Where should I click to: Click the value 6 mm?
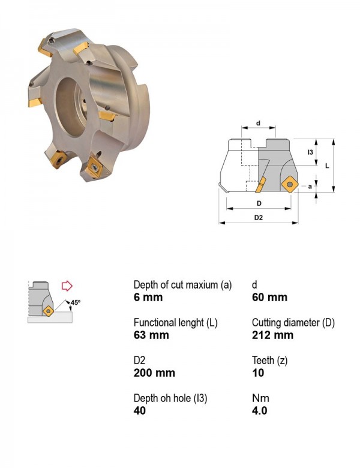click(x=148, y=298)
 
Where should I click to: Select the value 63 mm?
click(x=151, y=335)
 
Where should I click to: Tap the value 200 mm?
click(x=154, y=373)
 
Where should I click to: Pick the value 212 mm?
click(x=272, y=335)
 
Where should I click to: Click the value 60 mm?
click(x=269, y=298)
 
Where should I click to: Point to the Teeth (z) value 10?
click(x=258, y=373)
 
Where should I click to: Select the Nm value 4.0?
click(x=259, y=410)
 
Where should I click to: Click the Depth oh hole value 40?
click(x=140, y=410)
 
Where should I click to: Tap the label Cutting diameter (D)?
click(x=293, y=323)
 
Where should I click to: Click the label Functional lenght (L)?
click(x=176, y=323)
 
